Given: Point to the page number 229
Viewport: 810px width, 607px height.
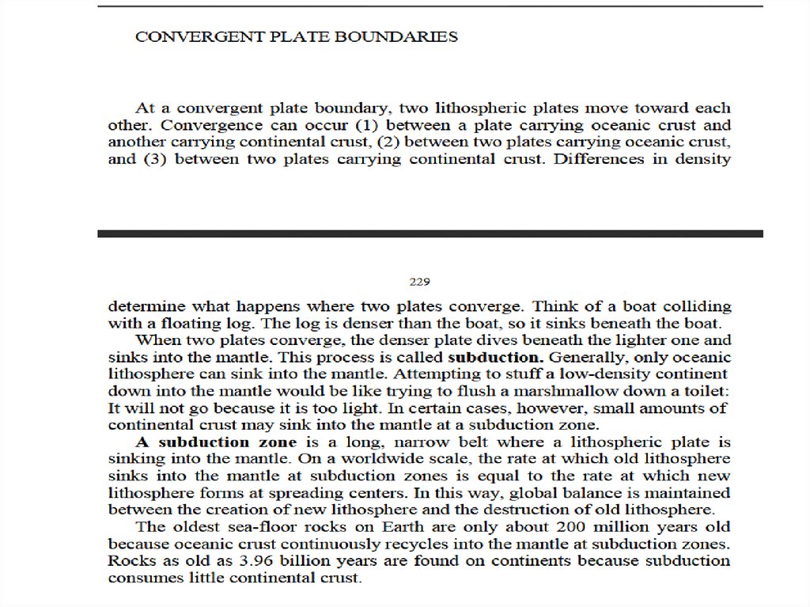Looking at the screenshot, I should [x=419, y=281].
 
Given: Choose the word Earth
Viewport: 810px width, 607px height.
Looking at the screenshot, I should [x=382, y=527].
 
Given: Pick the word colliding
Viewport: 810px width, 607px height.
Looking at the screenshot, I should [x=698, y=305].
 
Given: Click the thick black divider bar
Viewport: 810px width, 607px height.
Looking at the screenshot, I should [x=430, y=233].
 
